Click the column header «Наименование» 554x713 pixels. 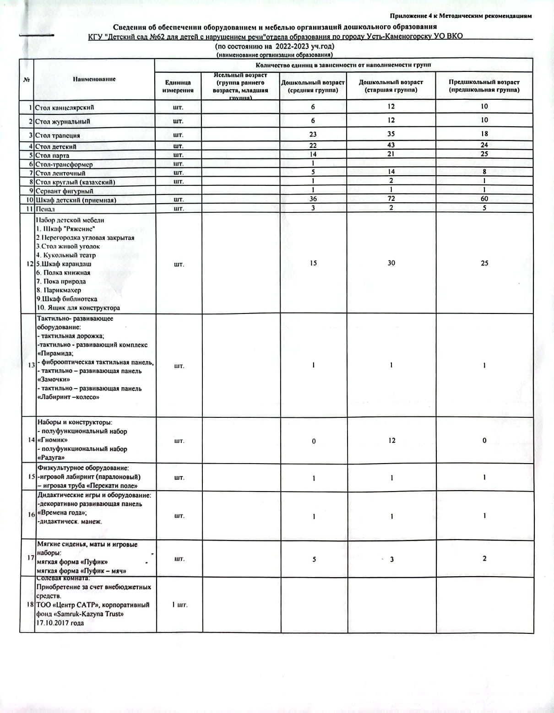[94, 79]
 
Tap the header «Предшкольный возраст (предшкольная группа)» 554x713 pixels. [484, 86]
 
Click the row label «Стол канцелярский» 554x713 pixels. [65, 108]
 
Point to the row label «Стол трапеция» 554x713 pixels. [58, 135]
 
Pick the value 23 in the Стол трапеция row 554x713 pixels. [313, 135]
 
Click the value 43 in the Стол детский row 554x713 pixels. [391, 145]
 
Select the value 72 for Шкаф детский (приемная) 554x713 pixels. [391, 199]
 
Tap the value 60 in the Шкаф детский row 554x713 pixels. [484, 199]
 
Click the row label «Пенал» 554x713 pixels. [45, 209]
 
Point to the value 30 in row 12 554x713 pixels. [391, 263]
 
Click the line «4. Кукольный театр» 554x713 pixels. [66, 255]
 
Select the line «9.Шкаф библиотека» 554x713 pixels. [67, 299]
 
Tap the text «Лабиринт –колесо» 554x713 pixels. [68, 397]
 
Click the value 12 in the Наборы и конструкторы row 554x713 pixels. [391, 441]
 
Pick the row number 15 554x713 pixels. [31, 477]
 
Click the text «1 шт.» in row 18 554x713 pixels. [179, 605]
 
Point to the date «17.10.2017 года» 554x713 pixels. [60, 623]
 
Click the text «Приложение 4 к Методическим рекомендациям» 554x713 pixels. [461, 16]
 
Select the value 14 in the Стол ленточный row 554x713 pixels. [391, 172]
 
